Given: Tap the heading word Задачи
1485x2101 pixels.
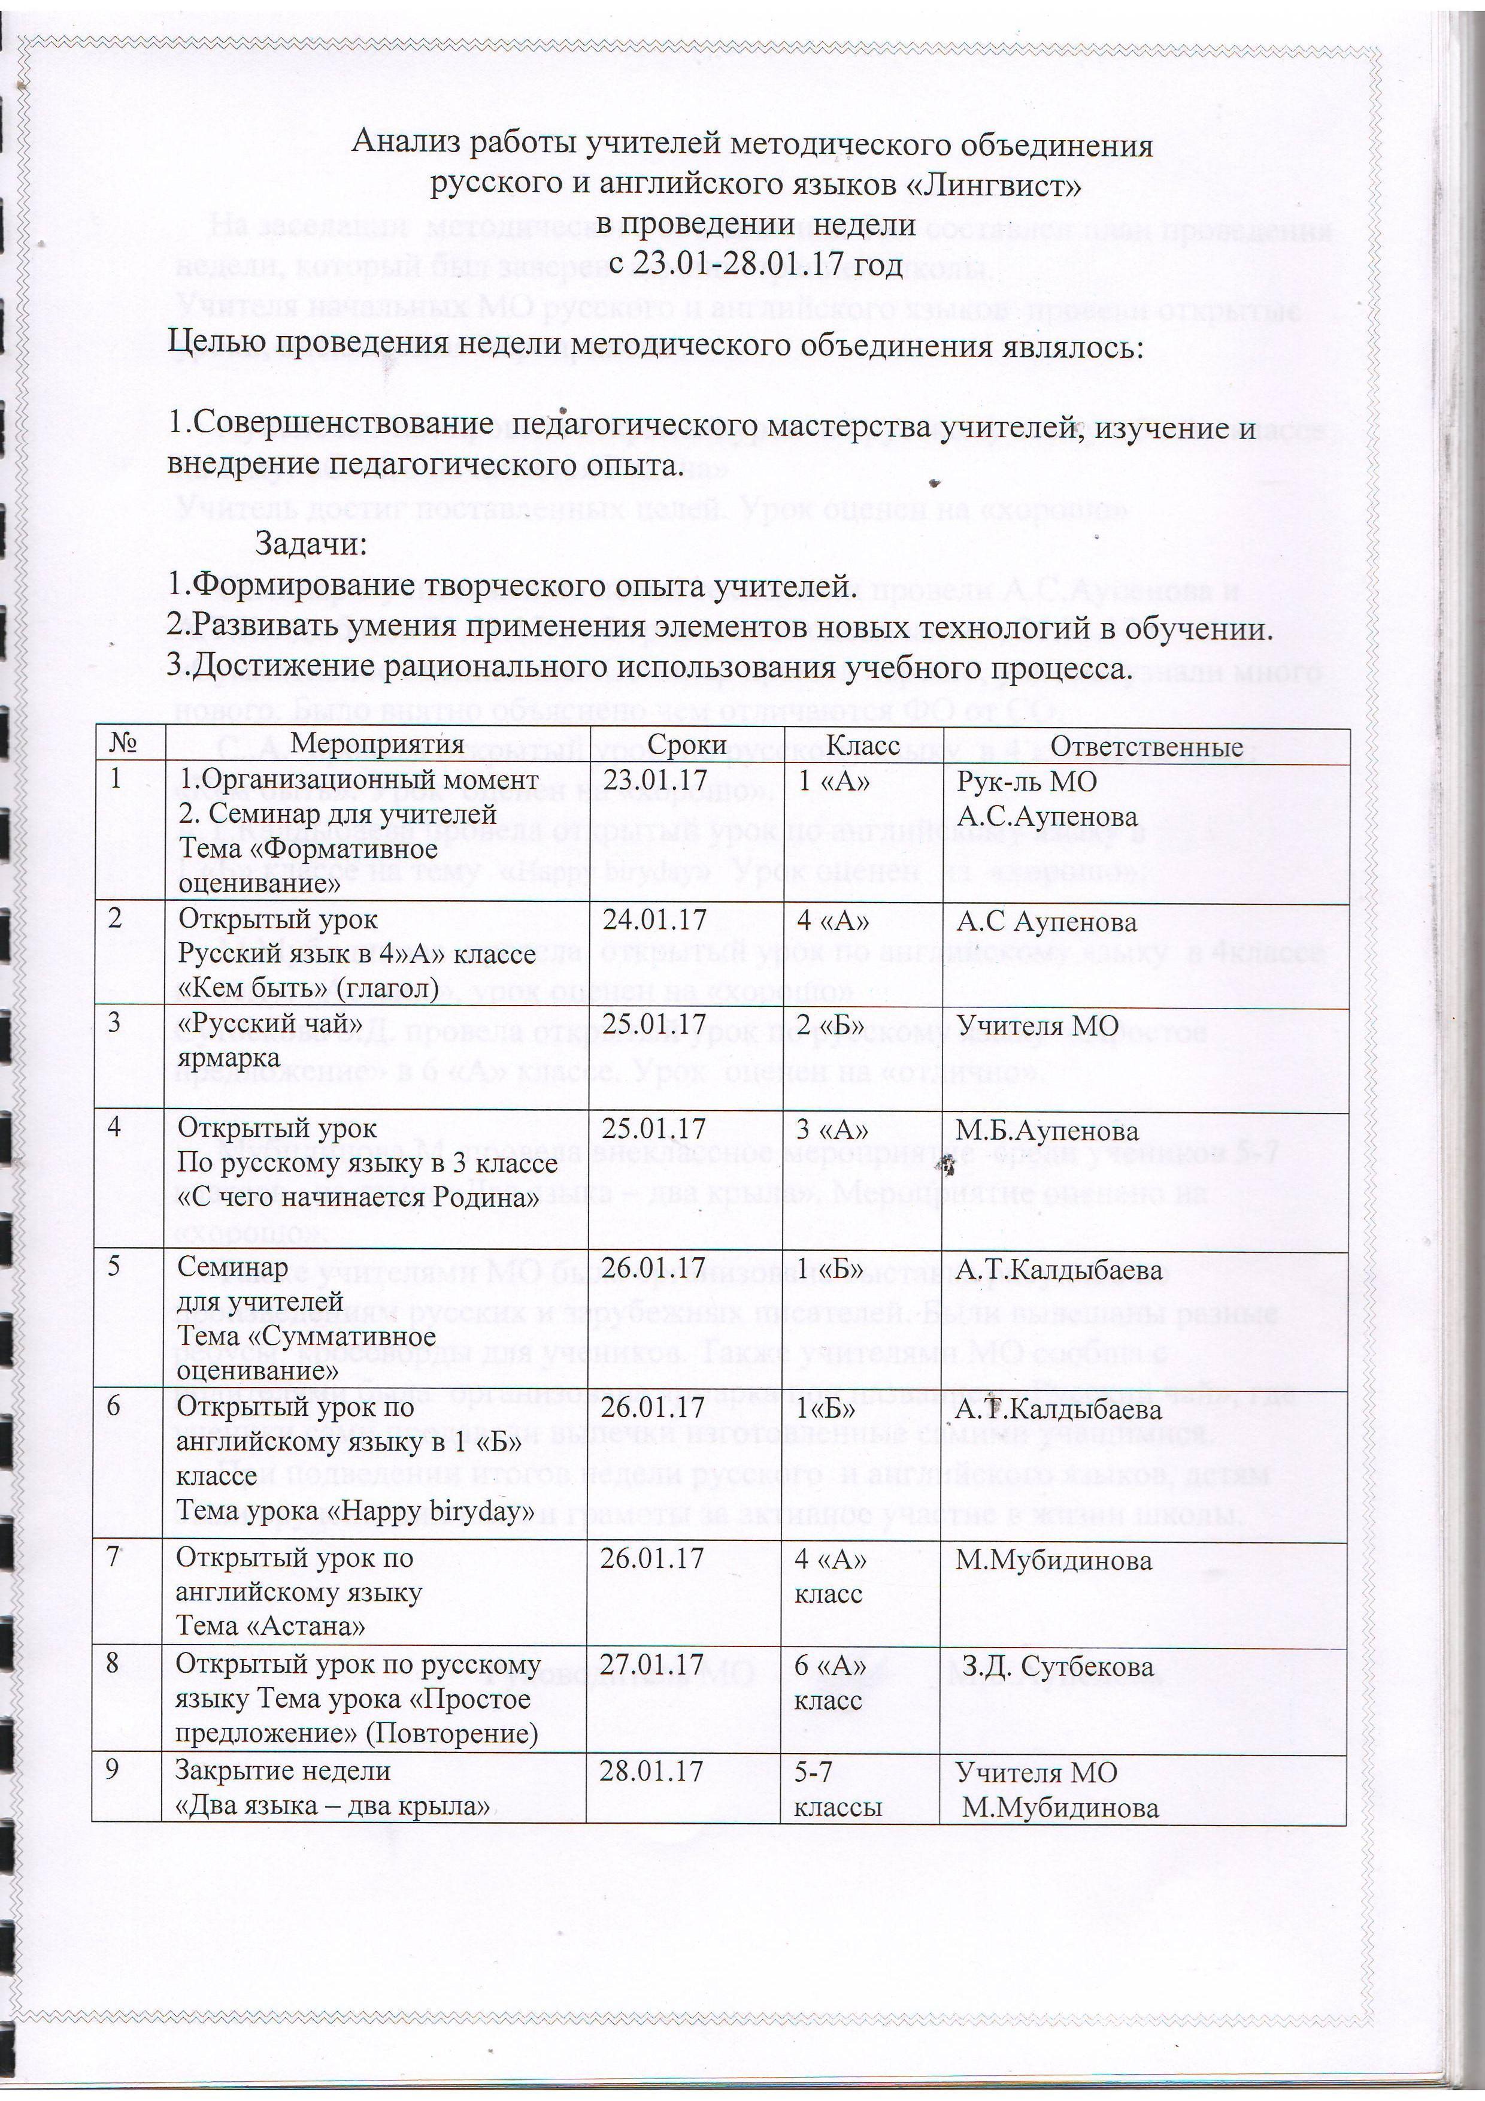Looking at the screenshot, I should tap(311, 544).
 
